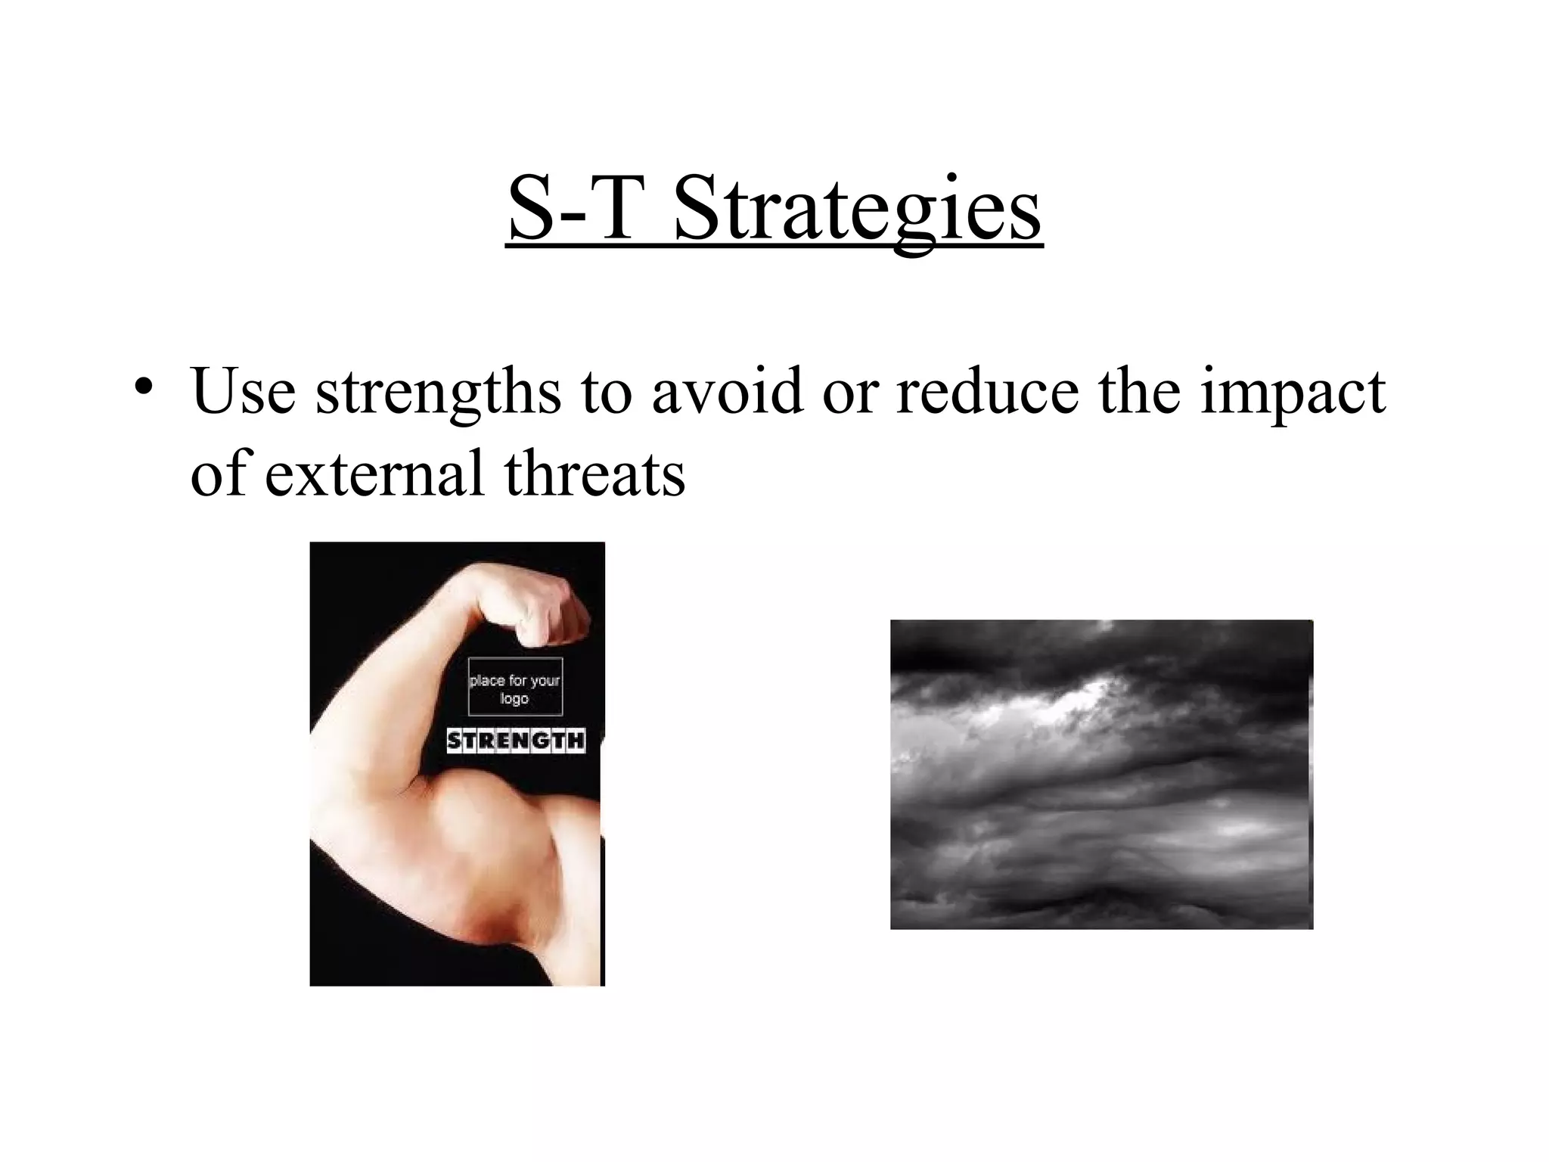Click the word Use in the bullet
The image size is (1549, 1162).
243,392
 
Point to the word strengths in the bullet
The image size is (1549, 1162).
438,392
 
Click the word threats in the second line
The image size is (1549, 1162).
594,474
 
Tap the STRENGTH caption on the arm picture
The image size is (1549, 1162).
516,740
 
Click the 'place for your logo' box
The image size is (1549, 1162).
515,688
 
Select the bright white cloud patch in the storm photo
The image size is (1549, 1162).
1074,700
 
